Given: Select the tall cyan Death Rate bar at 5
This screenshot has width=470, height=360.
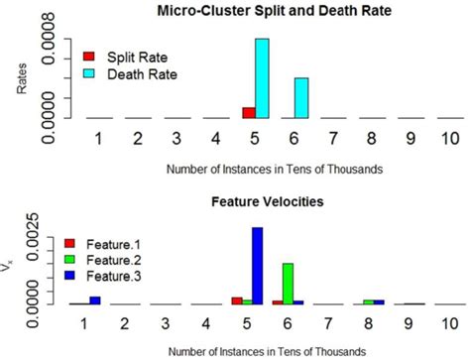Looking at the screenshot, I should (262, 78).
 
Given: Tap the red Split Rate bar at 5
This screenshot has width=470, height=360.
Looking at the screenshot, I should (248, 112).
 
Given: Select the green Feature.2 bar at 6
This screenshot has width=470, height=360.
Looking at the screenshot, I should (288, 284).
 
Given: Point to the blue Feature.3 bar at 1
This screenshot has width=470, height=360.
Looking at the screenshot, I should (95, 300).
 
